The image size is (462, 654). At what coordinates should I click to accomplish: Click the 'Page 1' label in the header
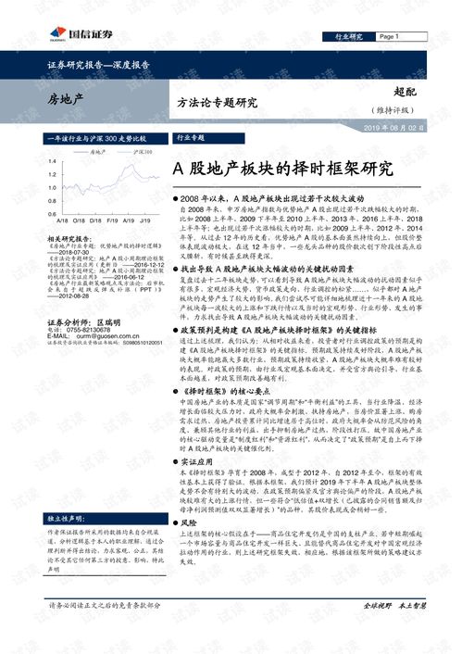point(388,36)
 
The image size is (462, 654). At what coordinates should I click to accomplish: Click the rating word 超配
point(405,94)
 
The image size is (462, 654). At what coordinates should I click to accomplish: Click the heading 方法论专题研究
point(217,103)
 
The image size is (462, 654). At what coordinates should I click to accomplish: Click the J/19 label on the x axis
point(145,221)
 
